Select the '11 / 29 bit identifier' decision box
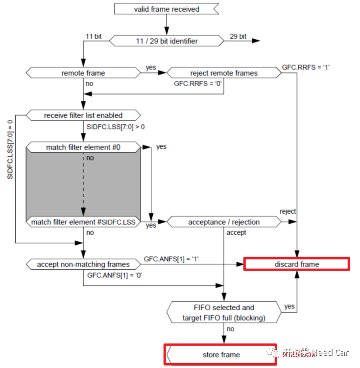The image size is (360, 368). click(166, 41)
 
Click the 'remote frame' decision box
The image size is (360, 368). click(83, 73)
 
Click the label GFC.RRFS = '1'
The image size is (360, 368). click(306, 66)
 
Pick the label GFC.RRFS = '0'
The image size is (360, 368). click(198, 84)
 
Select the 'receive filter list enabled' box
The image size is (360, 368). click(83, 115)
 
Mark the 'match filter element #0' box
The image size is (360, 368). click(83, 147)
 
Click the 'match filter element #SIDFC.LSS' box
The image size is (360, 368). click(83, 222)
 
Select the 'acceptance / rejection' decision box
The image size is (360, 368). click(224, 222)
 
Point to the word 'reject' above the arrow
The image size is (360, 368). click(288, 211)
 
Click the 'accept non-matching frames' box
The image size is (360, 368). click(83, 264)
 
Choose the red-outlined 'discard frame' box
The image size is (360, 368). click(296, 264)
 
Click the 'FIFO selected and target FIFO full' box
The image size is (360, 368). click(224, 312)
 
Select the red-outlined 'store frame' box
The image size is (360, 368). click(221, 354)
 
